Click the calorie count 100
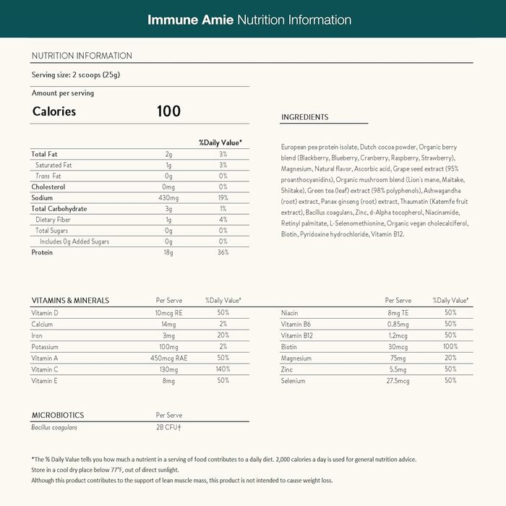[168, 111]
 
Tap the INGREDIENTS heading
[304, 117]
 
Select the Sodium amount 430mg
[168, 197]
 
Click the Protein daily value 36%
[223, 252]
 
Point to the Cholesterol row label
[48, 186]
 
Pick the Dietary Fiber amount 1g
[168, 220]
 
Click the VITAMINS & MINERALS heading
[70, 300]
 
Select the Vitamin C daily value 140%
[223, 369]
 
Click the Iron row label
[37, 335]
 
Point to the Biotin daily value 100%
[450, 346]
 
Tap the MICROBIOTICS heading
[58, 416]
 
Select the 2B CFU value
[168, 428]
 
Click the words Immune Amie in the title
[190, 18]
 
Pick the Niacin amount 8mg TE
[398, 312]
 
